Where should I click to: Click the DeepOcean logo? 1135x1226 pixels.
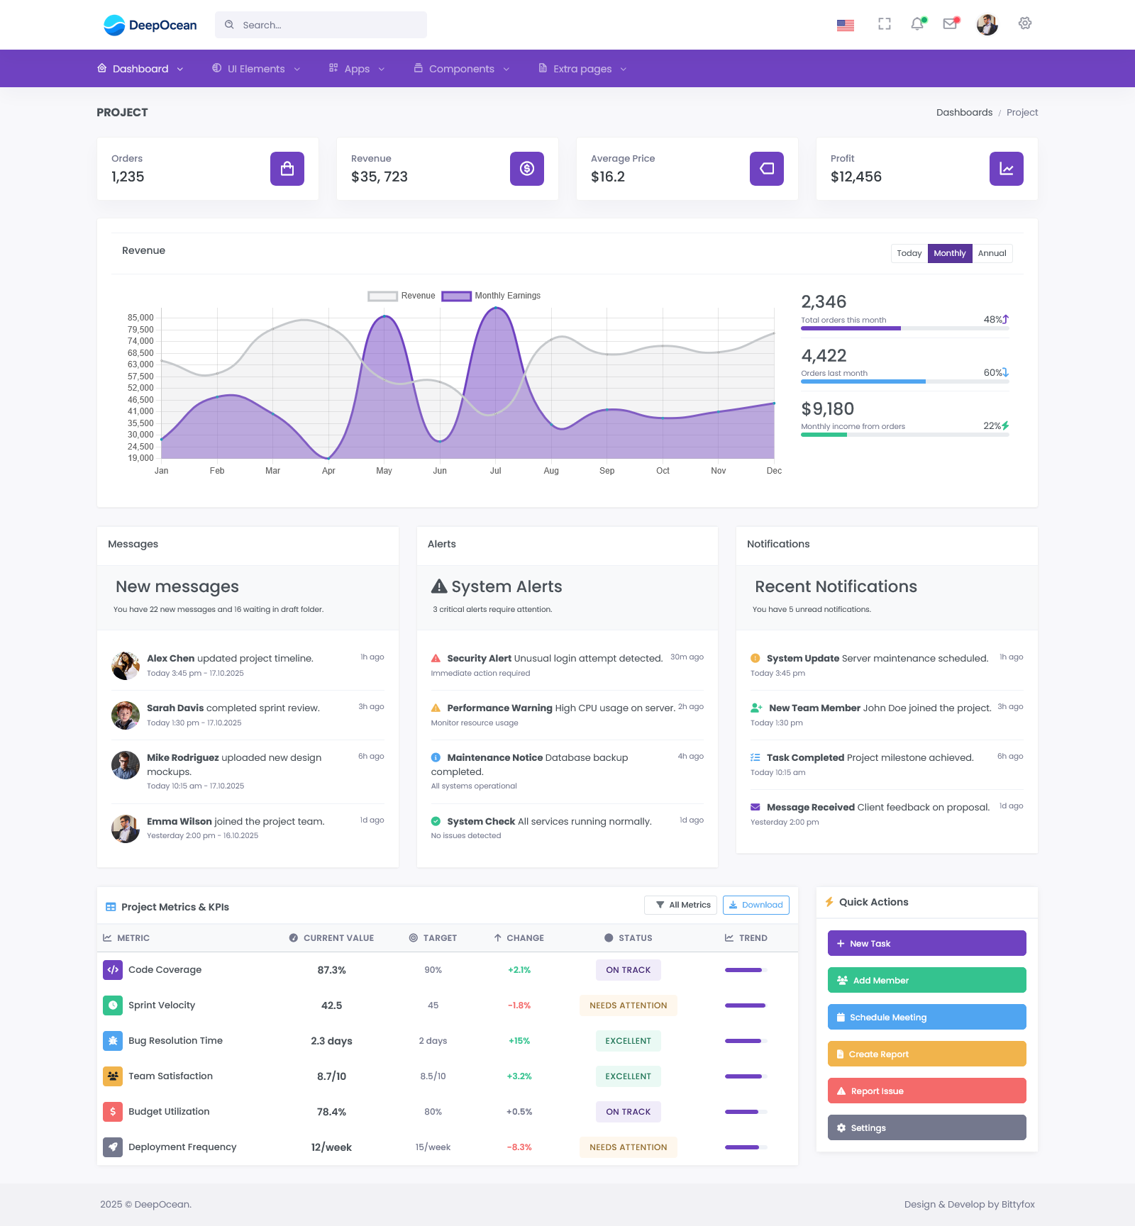150,26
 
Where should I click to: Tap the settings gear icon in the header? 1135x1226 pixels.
1024,23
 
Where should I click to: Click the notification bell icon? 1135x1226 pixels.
917,24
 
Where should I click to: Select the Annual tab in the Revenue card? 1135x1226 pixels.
992,253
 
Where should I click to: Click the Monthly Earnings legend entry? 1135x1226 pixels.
491,296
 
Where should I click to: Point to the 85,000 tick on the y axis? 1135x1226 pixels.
140,318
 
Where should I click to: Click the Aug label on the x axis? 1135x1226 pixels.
551,471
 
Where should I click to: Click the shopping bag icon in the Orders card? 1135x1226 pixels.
287,169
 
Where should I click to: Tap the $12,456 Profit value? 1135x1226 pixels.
856,177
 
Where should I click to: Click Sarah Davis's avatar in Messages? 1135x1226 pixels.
126,715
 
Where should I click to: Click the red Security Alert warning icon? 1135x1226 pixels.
436,658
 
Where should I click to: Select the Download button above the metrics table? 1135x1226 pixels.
755,905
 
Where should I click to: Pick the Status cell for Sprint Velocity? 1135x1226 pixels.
628,1005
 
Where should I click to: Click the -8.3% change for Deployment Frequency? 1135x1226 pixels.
519,1147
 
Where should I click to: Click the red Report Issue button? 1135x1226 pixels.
926,1091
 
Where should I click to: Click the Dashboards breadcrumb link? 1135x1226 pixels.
964,113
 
